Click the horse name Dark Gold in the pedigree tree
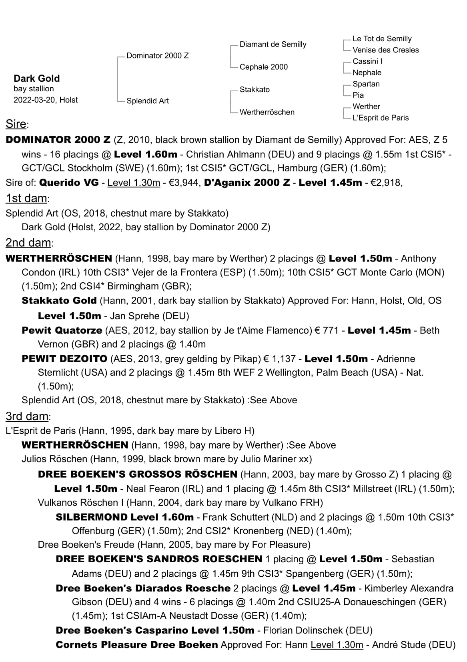(x=36, y=78)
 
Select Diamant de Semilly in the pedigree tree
(x=273, y=44)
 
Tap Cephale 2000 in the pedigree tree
(x=263, y=67)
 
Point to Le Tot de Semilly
(x=382, y=39)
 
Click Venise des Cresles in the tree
(x=385, y=50)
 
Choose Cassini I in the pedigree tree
(x=367, y=61)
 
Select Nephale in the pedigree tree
(x=367, y=72)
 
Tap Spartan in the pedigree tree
(x=366, y=84)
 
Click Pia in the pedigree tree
(x=358, y=95)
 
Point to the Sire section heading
(x=16, y=124)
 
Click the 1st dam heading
(x=27, y=198)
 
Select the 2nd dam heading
(x=28, y=243)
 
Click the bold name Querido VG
(x=69, y=183)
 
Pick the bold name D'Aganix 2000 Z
(x=247, y=183)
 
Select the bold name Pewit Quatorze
(x=62, y=330)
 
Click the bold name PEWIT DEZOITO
(x=64, y=358)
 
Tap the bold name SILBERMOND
(x=92, y=517)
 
